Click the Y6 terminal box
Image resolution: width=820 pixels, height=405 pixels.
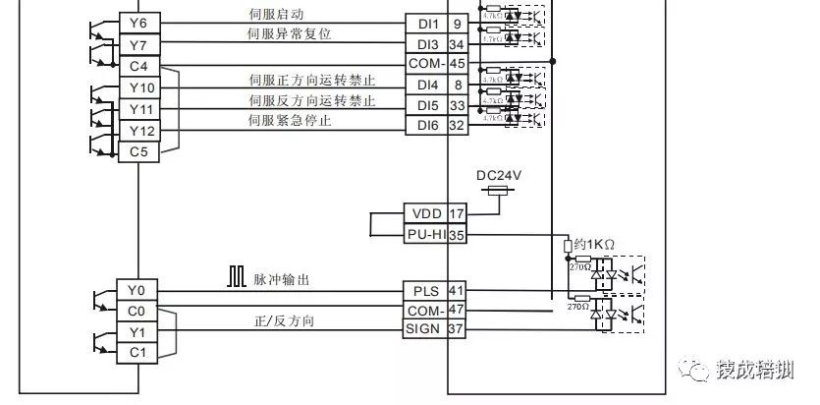(138, 23)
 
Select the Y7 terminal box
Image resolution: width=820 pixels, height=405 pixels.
(138, 44)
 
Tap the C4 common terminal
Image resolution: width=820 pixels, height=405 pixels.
(138, 66)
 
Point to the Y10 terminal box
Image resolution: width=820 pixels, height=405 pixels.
(138, 88)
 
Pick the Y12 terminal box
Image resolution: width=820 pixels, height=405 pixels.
(138, 131)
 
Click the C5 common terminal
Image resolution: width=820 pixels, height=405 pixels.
(138, 152)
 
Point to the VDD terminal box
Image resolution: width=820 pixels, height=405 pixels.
(425, 212)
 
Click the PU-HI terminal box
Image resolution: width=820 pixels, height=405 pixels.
(425, 233)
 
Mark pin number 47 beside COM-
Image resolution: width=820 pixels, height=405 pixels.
(457, 310)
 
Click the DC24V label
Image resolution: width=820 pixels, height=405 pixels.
(499, 174)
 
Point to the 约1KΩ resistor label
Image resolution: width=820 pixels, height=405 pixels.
(594, 243)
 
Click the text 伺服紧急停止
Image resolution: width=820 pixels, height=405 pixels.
(291, 120)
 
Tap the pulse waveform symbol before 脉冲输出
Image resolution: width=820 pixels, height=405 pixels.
(237, 278)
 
